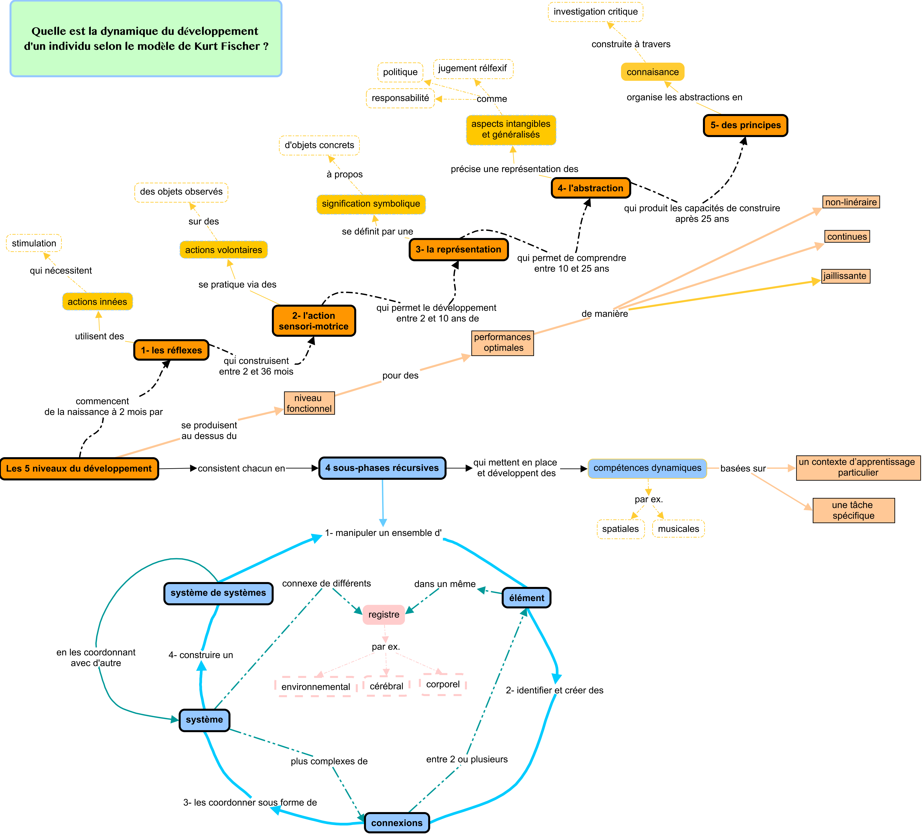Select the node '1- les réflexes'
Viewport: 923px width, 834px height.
[171, 350]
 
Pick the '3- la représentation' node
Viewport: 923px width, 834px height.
[458, 250]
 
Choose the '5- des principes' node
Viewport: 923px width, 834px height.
[745, 125]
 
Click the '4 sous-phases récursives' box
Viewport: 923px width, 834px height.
[382, 468]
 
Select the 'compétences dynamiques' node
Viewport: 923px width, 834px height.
[647, 468]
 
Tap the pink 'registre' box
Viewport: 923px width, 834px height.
[384, 614]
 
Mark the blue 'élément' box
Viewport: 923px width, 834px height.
[526, 598]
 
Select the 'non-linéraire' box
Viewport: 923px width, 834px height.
[851, 202]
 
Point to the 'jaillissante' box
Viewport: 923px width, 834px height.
[845, 276]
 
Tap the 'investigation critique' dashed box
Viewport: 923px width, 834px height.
[595, 12]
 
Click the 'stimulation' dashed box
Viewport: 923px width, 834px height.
[34, 243]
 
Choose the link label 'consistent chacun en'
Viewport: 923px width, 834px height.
[241, 468]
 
